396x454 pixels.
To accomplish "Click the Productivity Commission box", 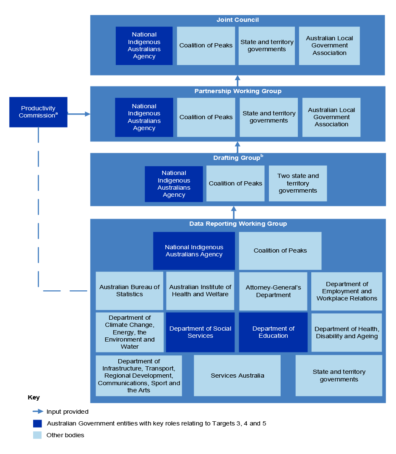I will pos(38,112).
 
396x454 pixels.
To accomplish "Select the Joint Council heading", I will pos(237,20).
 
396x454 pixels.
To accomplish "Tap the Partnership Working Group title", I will pos(237,91).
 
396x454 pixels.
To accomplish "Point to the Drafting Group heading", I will pos(237,158).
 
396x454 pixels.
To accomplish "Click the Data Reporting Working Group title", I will pos(238,224).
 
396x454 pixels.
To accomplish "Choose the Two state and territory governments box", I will pos(298,183).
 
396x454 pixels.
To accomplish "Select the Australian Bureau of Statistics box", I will pos(129,291).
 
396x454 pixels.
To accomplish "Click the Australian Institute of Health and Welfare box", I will pos(200,291).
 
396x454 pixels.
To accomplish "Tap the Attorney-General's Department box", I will pos(273,291).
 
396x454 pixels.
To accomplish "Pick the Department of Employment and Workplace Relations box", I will pos(346,291).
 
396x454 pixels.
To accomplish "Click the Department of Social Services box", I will pos(200,332).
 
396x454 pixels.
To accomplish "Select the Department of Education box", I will pos(273,332).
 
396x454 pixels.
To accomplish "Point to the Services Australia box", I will pos(237,376).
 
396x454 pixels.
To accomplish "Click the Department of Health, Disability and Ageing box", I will pos(346,332).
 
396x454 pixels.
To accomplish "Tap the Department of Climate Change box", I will pos(129,332).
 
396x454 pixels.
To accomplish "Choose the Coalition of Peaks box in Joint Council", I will pos(206,46).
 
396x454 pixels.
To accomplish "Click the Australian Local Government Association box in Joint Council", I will pos(329,46).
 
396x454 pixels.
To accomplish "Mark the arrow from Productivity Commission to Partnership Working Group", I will pos(79,114).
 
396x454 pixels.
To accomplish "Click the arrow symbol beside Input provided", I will pos(38,412).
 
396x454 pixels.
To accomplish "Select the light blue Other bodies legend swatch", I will pos(37,435).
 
